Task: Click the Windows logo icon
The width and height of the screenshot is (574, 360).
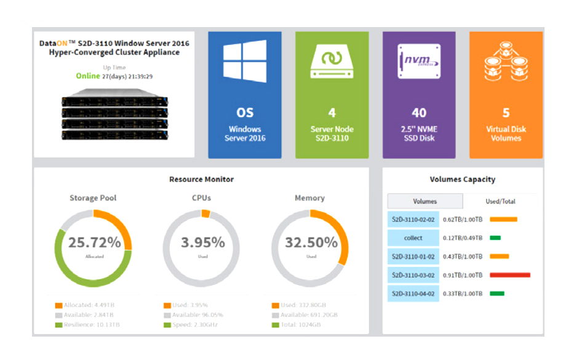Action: (x=245, y=61)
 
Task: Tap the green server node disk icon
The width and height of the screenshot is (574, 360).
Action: (x=332, y=62)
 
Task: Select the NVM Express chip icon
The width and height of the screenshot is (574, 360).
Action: (x=419, y=61)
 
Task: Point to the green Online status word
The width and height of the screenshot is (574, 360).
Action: (x=87, y=76)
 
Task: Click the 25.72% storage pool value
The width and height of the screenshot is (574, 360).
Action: (x=94, y=242)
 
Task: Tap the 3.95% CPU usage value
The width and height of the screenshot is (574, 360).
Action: (x=202, y=242)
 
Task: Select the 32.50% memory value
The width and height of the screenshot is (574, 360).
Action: (x=311, y=242)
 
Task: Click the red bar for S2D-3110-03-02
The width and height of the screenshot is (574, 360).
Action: (x=509, y=275)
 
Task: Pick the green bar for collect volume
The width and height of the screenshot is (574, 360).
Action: (x=495, y=238)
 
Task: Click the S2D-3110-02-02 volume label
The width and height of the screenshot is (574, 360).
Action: (x=413, y=219)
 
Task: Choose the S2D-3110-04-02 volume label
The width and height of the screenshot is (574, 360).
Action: (x=413, y=294)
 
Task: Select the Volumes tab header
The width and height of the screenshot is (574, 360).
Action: (x=425, y=201)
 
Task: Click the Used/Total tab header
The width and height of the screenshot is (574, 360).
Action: (x=500, y=201)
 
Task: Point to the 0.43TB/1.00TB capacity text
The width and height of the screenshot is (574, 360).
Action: (x=463, y=257)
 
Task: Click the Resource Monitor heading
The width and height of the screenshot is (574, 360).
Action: (x=201, y=179)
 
